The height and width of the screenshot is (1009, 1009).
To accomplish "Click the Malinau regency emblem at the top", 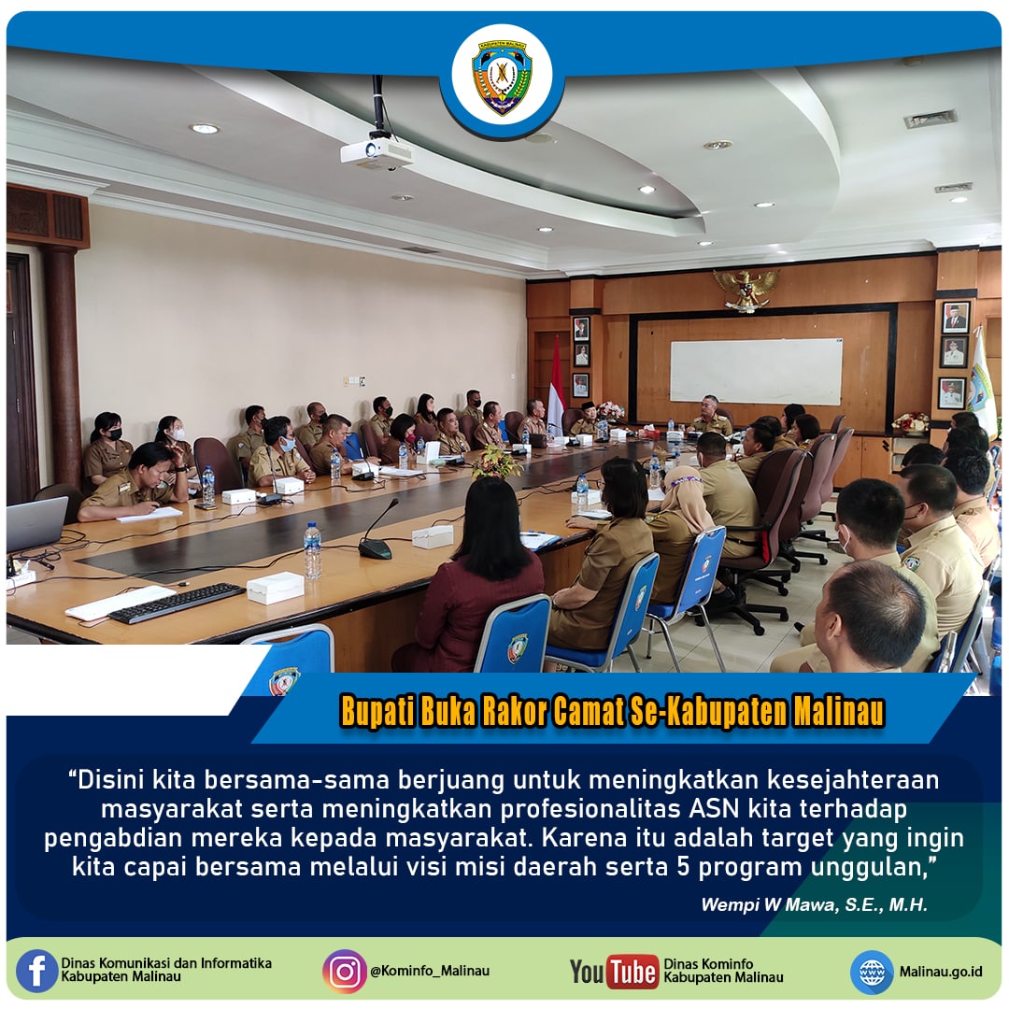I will coord(503,78).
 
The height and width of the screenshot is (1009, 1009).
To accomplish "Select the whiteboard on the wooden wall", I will coord(756,371).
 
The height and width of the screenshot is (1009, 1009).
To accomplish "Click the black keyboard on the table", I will coord(177,604).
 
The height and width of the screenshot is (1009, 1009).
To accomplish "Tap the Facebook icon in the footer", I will coord(37,972).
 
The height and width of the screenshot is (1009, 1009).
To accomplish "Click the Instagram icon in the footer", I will coord(344,972).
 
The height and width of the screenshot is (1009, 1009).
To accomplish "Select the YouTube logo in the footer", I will coord(614,972).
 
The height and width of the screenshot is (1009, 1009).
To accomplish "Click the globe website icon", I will coord(872,972).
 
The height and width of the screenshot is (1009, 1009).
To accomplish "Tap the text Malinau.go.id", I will coord(941,972).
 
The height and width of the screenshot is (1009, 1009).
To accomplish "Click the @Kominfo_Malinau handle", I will coord(429,972).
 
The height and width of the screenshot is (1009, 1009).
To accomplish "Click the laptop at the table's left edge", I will coord(36,526).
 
